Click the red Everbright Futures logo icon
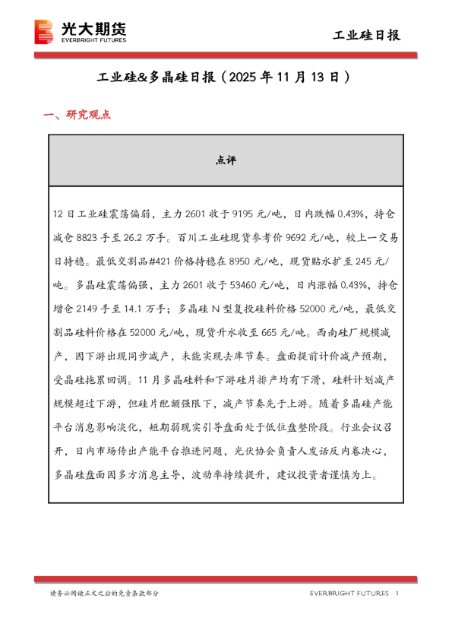coord(45,33)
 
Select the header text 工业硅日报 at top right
coord(368,35)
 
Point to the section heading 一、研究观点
coord(77,116)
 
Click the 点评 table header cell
coord(226,160)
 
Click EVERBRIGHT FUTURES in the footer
coord(349,593)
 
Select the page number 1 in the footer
coord(397,593)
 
